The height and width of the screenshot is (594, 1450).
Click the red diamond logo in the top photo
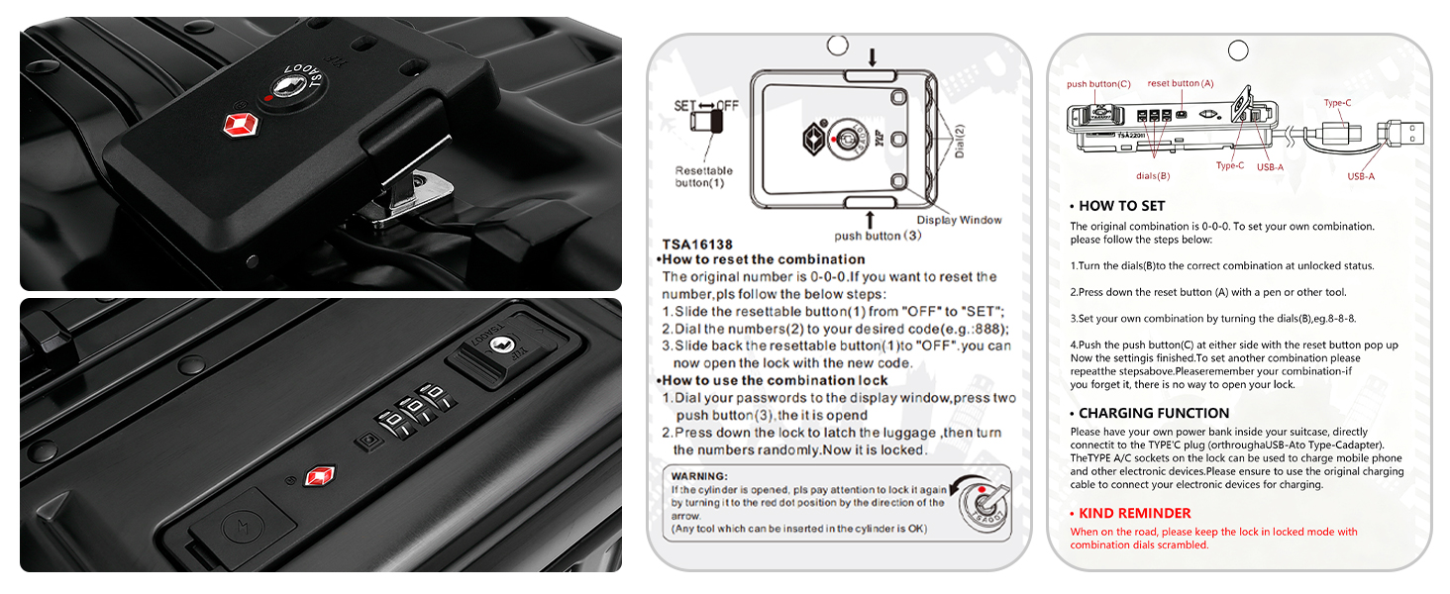click(241, 124)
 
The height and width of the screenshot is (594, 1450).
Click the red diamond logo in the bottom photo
click(320, 476)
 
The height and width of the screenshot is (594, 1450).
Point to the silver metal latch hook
click(414, 189)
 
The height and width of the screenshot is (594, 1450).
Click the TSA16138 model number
click(697, 245)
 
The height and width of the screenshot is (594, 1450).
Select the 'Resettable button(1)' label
click(703, 176)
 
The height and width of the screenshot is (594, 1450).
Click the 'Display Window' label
click(959, 220)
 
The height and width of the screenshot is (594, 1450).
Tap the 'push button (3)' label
click(878, 236)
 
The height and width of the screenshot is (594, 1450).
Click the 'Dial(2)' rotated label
click(960, 141)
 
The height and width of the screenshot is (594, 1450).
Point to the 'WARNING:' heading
click(699, 476)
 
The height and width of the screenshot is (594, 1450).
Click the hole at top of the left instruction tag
click(838, 46)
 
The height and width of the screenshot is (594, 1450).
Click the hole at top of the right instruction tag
click(1238, 49)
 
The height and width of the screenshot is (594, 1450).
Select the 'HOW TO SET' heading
click(1122, 206)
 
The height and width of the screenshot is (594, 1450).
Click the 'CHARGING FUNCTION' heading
click(1154, 413)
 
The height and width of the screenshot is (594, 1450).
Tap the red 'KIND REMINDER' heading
click(1135, 513)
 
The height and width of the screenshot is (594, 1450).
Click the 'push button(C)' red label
click(1098, 84)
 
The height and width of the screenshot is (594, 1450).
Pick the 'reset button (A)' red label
click(1181, 83)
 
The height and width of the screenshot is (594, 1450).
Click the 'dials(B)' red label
click(1153, 176)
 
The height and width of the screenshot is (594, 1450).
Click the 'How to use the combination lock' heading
click(775, 380)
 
